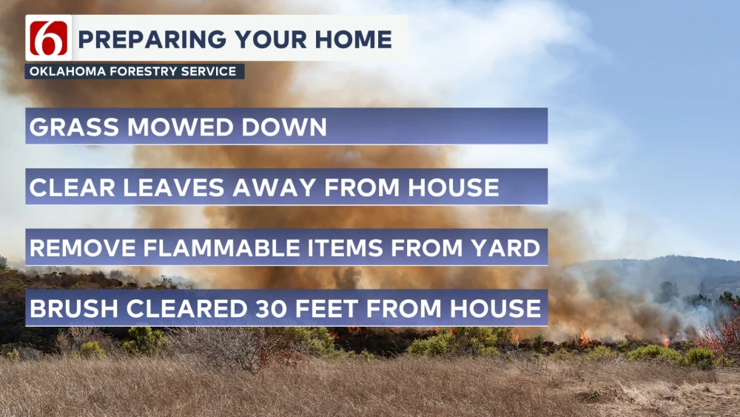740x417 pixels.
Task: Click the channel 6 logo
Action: click(x=50, y=39)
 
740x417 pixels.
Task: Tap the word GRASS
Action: click(x=73, y=127)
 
